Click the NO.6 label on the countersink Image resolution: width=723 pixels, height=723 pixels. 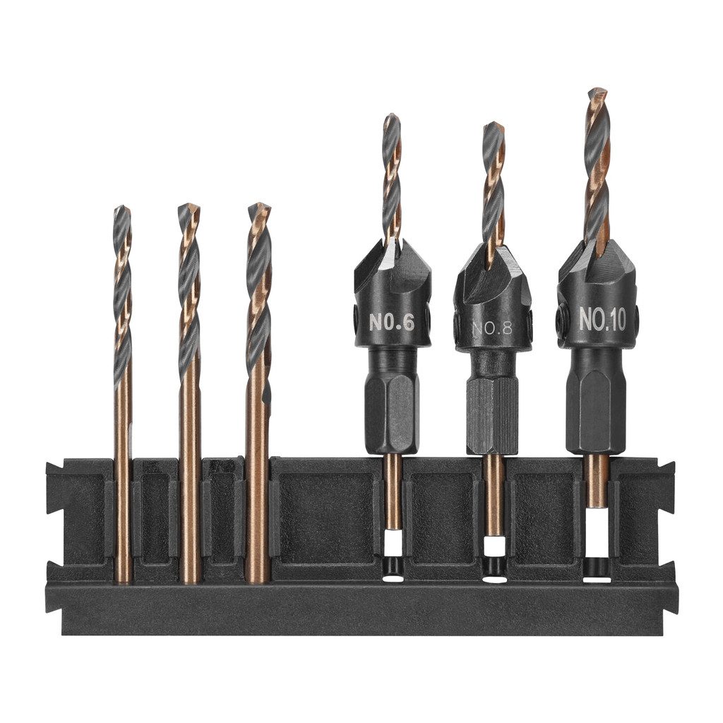click(x=392, y=322)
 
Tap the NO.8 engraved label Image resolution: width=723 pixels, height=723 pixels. click(x=492, y=328)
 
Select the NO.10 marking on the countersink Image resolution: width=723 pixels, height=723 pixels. click(x=602, y=318)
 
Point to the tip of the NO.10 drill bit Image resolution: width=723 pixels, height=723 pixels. click(x=597, y=89)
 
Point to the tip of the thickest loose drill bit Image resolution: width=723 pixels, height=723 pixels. click(x=259, y=204)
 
